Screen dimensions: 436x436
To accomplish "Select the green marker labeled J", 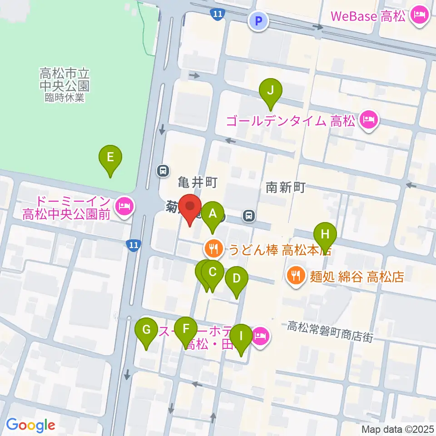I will (x=270, y=89).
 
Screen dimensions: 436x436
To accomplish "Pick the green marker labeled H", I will (x=325, y=234).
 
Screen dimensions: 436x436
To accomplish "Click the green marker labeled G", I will (x=146, y=329).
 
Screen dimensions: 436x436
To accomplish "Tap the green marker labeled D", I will (x=236, y=278).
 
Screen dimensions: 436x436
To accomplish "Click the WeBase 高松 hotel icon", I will (x=417, y=16).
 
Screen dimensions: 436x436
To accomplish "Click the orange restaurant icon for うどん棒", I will (x=213, y=248).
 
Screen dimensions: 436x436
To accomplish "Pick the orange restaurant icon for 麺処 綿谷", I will (x=296, y=276).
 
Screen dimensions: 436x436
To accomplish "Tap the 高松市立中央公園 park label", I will (x=64, y=84).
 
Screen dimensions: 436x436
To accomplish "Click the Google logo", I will (x=30, y=426).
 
